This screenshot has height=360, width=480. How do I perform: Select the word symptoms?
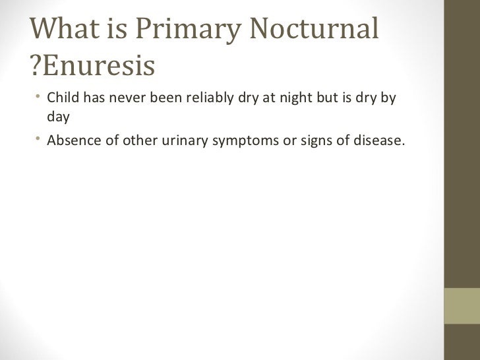tap(245, 139)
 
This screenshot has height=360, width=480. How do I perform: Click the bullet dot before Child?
tap(40, 99)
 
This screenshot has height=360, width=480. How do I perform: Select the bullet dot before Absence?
tap(40, 138)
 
